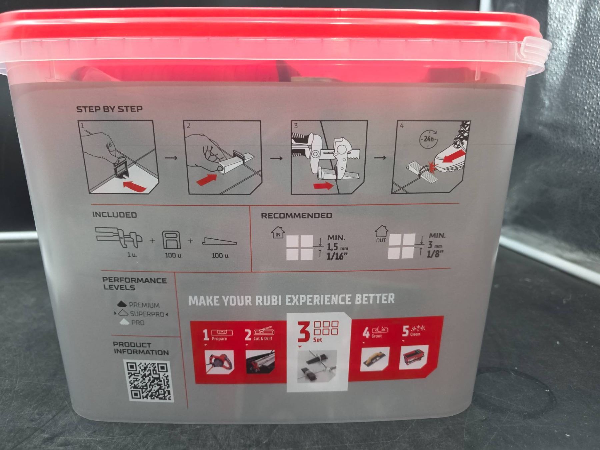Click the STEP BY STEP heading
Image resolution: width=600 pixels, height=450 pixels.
pos(109,109)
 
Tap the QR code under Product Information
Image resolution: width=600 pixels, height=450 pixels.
pos(149,380)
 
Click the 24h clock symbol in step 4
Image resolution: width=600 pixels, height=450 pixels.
pos(428,138)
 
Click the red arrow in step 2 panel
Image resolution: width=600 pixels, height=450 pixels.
pos(206,179)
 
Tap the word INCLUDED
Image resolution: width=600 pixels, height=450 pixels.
pos(114,215)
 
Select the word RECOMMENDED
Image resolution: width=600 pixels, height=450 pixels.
pos(296,216)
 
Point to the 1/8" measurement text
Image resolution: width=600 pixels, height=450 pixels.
pos(435,254)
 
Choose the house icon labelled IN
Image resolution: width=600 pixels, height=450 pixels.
pos(278,232)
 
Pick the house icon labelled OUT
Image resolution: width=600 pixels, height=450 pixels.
pos(381,234)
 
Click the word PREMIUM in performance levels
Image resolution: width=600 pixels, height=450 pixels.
pos(144,305)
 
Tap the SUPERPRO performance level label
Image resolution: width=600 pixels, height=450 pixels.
pos(147,314)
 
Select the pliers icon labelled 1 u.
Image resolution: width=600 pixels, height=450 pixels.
pos(119,238)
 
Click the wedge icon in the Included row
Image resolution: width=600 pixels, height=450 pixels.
pos(219,241)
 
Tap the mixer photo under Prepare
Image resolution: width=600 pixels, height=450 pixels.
pos(219,362)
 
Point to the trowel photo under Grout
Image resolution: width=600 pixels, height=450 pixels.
pos(375,359)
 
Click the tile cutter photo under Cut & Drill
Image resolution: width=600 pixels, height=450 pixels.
pos(260,362)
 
